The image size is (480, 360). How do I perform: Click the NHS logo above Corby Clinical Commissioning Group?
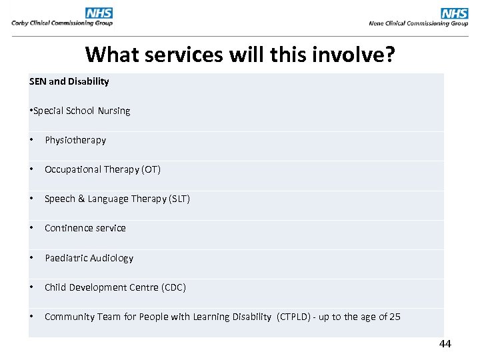click(99, 13)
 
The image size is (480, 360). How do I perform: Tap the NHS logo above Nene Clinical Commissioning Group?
click(455, 13)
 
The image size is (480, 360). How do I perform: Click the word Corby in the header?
click(21, 23)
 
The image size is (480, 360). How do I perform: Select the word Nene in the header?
click(378, 23)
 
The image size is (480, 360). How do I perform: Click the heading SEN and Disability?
click(69, 81)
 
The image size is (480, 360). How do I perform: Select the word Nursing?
click(114, 111)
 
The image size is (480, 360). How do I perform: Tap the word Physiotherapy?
click(75, 140)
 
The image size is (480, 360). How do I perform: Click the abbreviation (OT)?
click(151, 169)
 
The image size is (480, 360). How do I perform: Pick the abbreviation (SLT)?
click(177, 199)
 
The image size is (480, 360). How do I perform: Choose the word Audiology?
click(111, 258)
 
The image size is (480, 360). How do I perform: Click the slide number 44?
click(445, 344)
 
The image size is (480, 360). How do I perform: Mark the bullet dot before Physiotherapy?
click(32, 140)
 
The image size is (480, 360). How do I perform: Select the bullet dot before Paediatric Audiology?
click(32, 258)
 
